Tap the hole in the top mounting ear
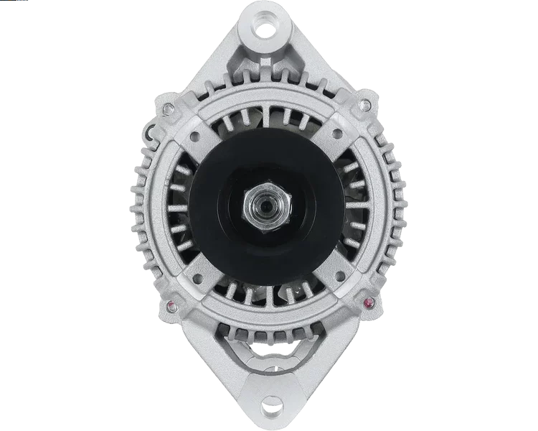point(271,30)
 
